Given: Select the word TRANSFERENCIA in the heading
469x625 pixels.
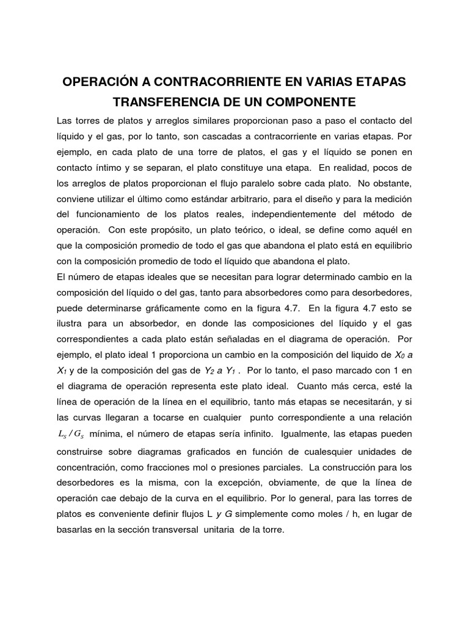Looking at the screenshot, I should [x=164, y=100].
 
